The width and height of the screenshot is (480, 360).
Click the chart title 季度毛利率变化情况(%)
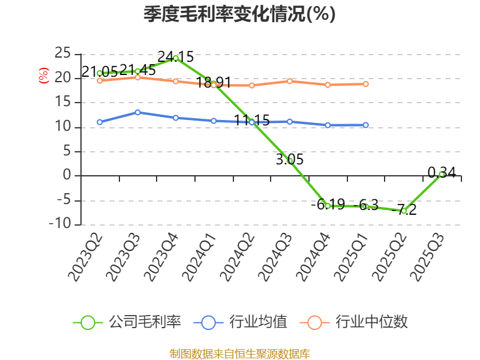[x=239, y=14]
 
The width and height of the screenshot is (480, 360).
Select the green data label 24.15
[x=175, y=57]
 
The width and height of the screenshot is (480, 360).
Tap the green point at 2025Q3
[x=442, y=174]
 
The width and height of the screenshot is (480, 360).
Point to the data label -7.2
[x=404, y=210]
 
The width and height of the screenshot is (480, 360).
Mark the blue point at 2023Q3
[x=137, y=112]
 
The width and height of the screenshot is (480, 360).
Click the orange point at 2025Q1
[x=366, y=84]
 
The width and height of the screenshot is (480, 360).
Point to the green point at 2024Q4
[x=328, y=206]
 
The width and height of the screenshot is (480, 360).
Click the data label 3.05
[x=290, y=160]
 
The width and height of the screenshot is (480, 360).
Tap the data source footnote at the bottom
[x=239, y=353]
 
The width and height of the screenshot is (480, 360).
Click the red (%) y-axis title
[x=43, y=76]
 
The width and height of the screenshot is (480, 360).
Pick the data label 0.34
[x=442, y=173]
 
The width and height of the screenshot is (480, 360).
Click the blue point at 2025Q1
[x=366, y=125]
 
